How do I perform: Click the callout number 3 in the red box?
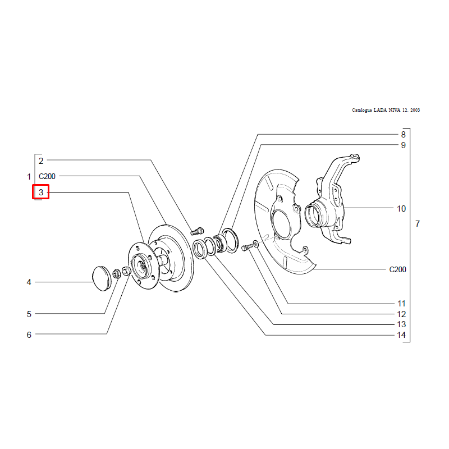click(x=41, y=192)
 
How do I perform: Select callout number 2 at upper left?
click(x=41, y=161)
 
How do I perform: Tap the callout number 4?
click(x=29, y=282)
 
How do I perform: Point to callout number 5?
click(x=29, y=314)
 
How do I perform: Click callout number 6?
click(x=29, y=335)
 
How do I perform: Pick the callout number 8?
click(x=403, y=135)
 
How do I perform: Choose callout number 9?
click(x=403, y=145)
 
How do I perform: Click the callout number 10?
click(x=401, y=209)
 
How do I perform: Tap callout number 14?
click(x=401, y=335)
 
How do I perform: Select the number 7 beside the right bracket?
click(x=418, y=223)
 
